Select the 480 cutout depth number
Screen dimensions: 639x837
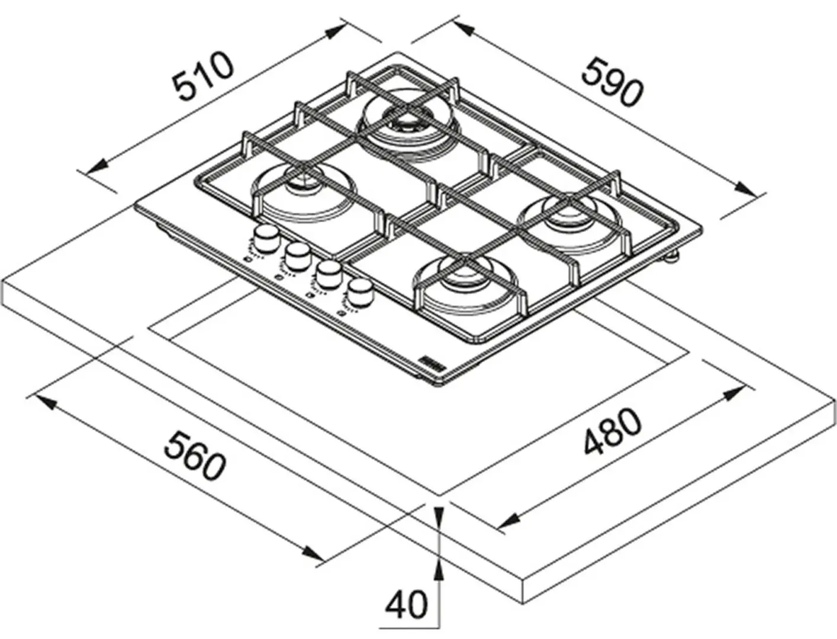[611, 432]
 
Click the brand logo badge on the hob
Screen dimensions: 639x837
[430, 362]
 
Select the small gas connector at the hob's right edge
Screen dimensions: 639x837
[672, 257]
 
